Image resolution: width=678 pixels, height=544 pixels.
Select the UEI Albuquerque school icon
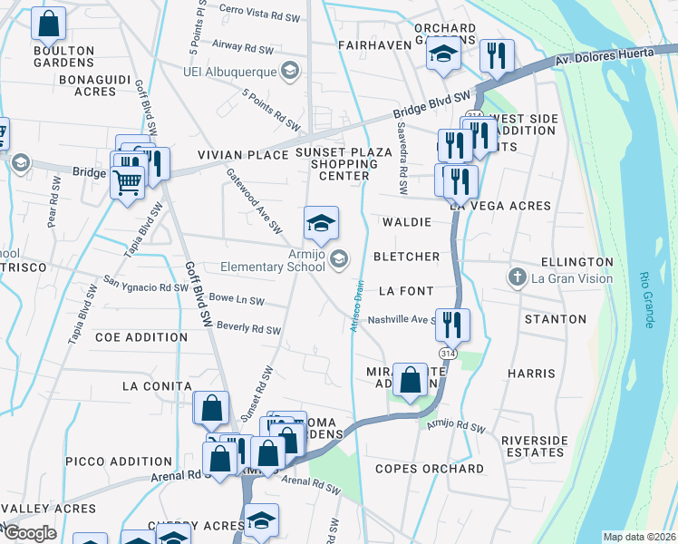289,71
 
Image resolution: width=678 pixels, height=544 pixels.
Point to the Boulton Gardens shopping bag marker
49,24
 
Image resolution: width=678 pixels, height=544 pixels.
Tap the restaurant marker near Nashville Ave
451,322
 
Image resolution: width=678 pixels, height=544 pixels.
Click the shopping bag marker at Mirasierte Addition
410,380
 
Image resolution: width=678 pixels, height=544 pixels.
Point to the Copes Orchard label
430,469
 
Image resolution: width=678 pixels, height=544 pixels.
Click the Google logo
31,532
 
